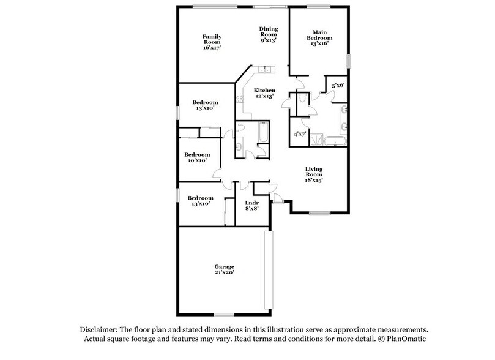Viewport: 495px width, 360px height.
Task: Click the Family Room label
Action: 211,42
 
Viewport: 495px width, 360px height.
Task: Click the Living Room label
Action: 314,174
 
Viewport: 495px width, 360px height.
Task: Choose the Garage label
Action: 224,269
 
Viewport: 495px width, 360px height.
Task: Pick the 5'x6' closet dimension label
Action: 339,86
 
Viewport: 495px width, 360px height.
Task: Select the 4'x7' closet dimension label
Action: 299,133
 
